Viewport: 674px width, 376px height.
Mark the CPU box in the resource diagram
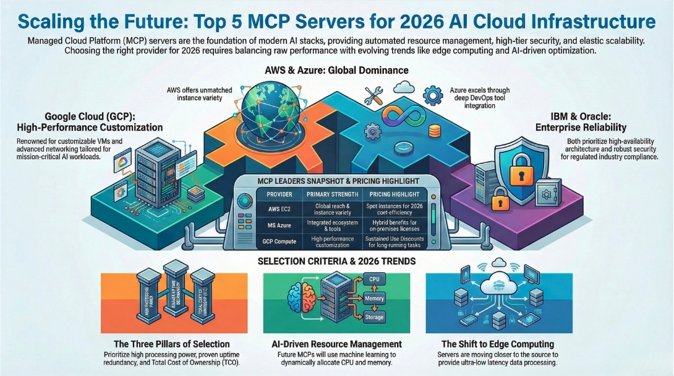pyautogui.click(x=373, y=280)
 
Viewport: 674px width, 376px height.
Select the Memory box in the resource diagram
pyautogui.click(x=373, y=299)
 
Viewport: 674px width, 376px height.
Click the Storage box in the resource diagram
pyautogui.click(x=373, y=317)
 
